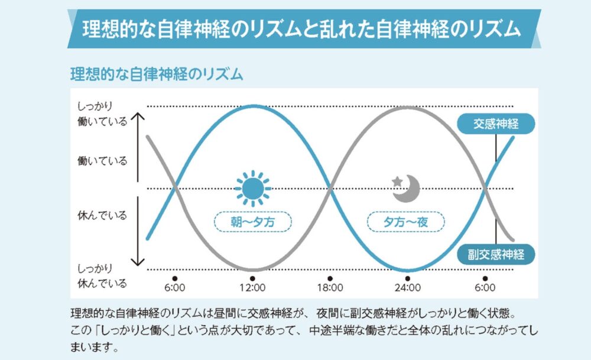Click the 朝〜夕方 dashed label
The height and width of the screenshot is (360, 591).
(x=252, y=222)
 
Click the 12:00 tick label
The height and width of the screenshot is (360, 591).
(x=252, y=288)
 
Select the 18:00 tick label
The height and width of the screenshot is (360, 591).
(x=330, y=288)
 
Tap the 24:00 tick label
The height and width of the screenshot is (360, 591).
(x=407, y=288)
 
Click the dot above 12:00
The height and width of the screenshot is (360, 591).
(x=252, y=277)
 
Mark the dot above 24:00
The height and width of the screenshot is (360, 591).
(x=407, y=277)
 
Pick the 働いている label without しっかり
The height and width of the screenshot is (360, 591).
(x=102, y=160)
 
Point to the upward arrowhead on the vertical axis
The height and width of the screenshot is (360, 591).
(x=137, y=117)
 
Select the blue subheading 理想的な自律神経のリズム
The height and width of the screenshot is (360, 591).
(x=157, y=75)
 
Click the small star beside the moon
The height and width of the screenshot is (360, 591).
(x=397, y=179)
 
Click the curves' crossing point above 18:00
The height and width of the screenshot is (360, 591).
(x=330, y=189)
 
